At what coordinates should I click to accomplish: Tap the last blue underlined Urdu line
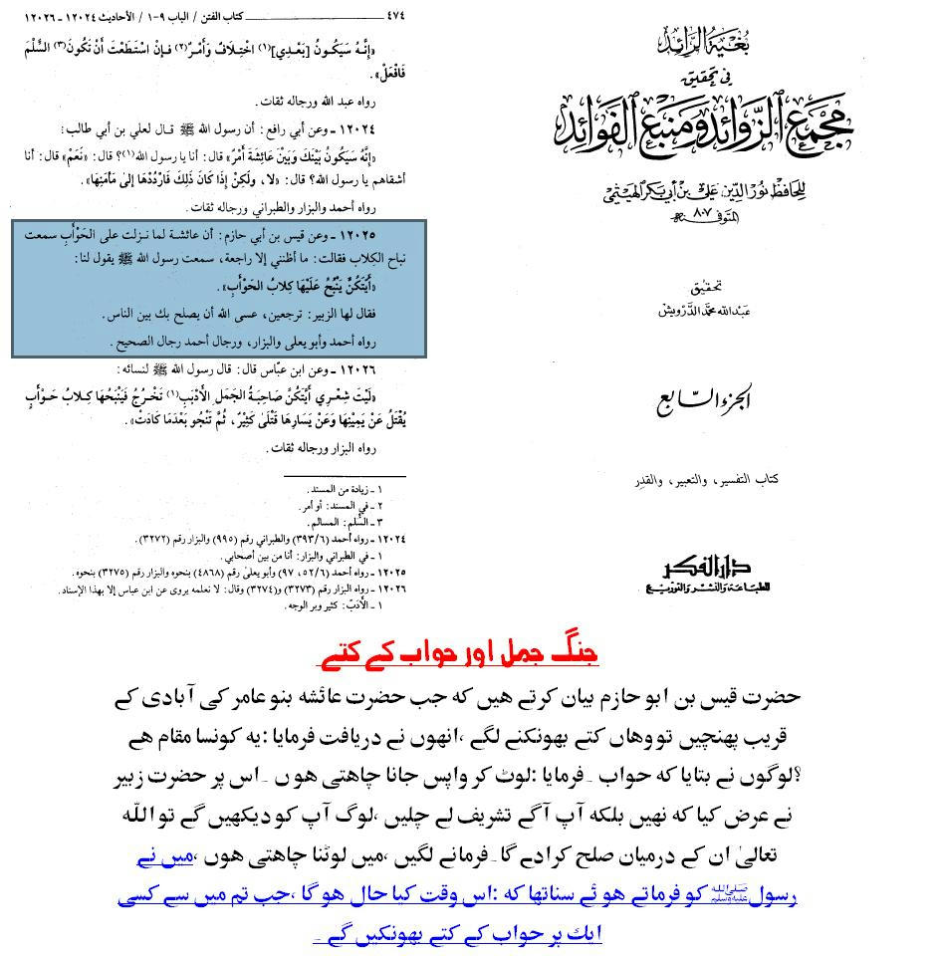[x=458, y=933]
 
